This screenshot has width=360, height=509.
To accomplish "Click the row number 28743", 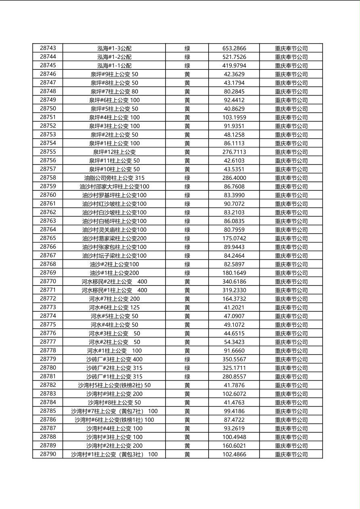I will (48, 48).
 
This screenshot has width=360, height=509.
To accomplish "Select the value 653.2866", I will (234, 48).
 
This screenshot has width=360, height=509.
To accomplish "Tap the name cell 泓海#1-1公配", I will (114, 65).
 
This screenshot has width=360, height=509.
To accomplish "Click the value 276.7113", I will (234, 152).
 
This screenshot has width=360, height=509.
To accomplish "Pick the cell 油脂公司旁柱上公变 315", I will (114, 178).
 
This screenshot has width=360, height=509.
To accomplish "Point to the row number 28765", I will (48, 238).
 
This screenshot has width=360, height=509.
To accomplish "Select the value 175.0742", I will (234, 238).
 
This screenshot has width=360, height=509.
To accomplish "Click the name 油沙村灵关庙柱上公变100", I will (114, 230).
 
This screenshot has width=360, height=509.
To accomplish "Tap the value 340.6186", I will (234, 282).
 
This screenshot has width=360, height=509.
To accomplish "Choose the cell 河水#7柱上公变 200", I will (114, 299).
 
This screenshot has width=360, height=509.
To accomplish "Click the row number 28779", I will (48, 359).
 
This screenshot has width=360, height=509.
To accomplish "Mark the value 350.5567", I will (234, 359).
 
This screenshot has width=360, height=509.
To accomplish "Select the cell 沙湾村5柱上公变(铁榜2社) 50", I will (114, 385).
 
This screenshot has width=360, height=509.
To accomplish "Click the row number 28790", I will (48, 454).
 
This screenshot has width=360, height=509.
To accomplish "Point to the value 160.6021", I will (234, 446).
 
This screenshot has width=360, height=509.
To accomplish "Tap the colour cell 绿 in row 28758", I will (187, 178).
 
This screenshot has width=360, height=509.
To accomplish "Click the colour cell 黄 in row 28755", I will (187, 152).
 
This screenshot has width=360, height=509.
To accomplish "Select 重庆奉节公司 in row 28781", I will (291, 377).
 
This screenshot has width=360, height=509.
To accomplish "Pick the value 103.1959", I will (234, 117).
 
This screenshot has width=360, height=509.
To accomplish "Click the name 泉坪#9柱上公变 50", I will (114, 74).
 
